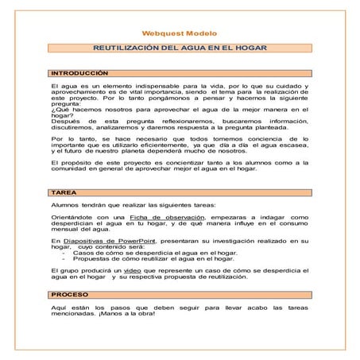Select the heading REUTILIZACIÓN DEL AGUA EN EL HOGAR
[179, 49]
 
